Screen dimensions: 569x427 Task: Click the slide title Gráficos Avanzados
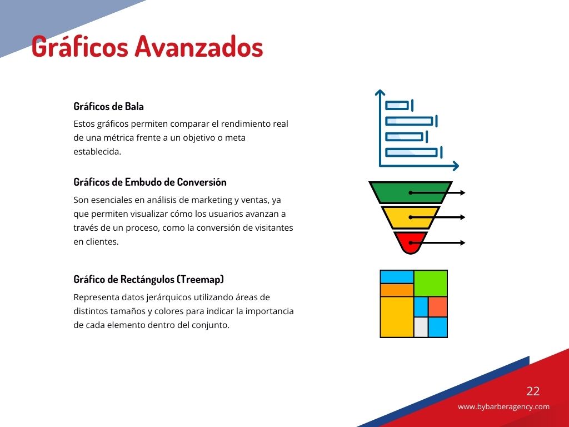147,47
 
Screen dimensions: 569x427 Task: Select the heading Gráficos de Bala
108,106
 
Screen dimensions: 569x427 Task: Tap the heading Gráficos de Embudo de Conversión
150,182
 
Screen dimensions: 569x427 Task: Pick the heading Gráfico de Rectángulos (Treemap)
149,279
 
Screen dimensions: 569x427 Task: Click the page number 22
533,391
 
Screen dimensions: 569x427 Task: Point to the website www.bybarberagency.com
503,406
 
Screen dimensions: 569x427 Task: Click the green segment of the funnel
411,192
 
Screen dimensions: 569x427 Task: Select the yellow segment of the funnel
411,217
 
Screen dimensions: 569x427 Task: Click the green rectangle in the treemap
431,283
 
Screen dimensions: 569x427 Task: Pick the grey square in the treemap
421,327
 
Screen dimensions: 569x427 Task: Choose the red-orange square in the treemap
438,307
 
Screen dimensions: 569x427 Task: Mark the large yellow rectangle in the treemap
397,316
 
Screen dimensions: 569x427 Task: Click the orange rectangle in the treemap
397,290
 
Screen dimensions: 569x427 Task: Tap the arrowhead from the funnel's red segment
463,242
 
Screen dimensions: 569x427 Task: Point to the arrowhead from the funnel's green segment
463,192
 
